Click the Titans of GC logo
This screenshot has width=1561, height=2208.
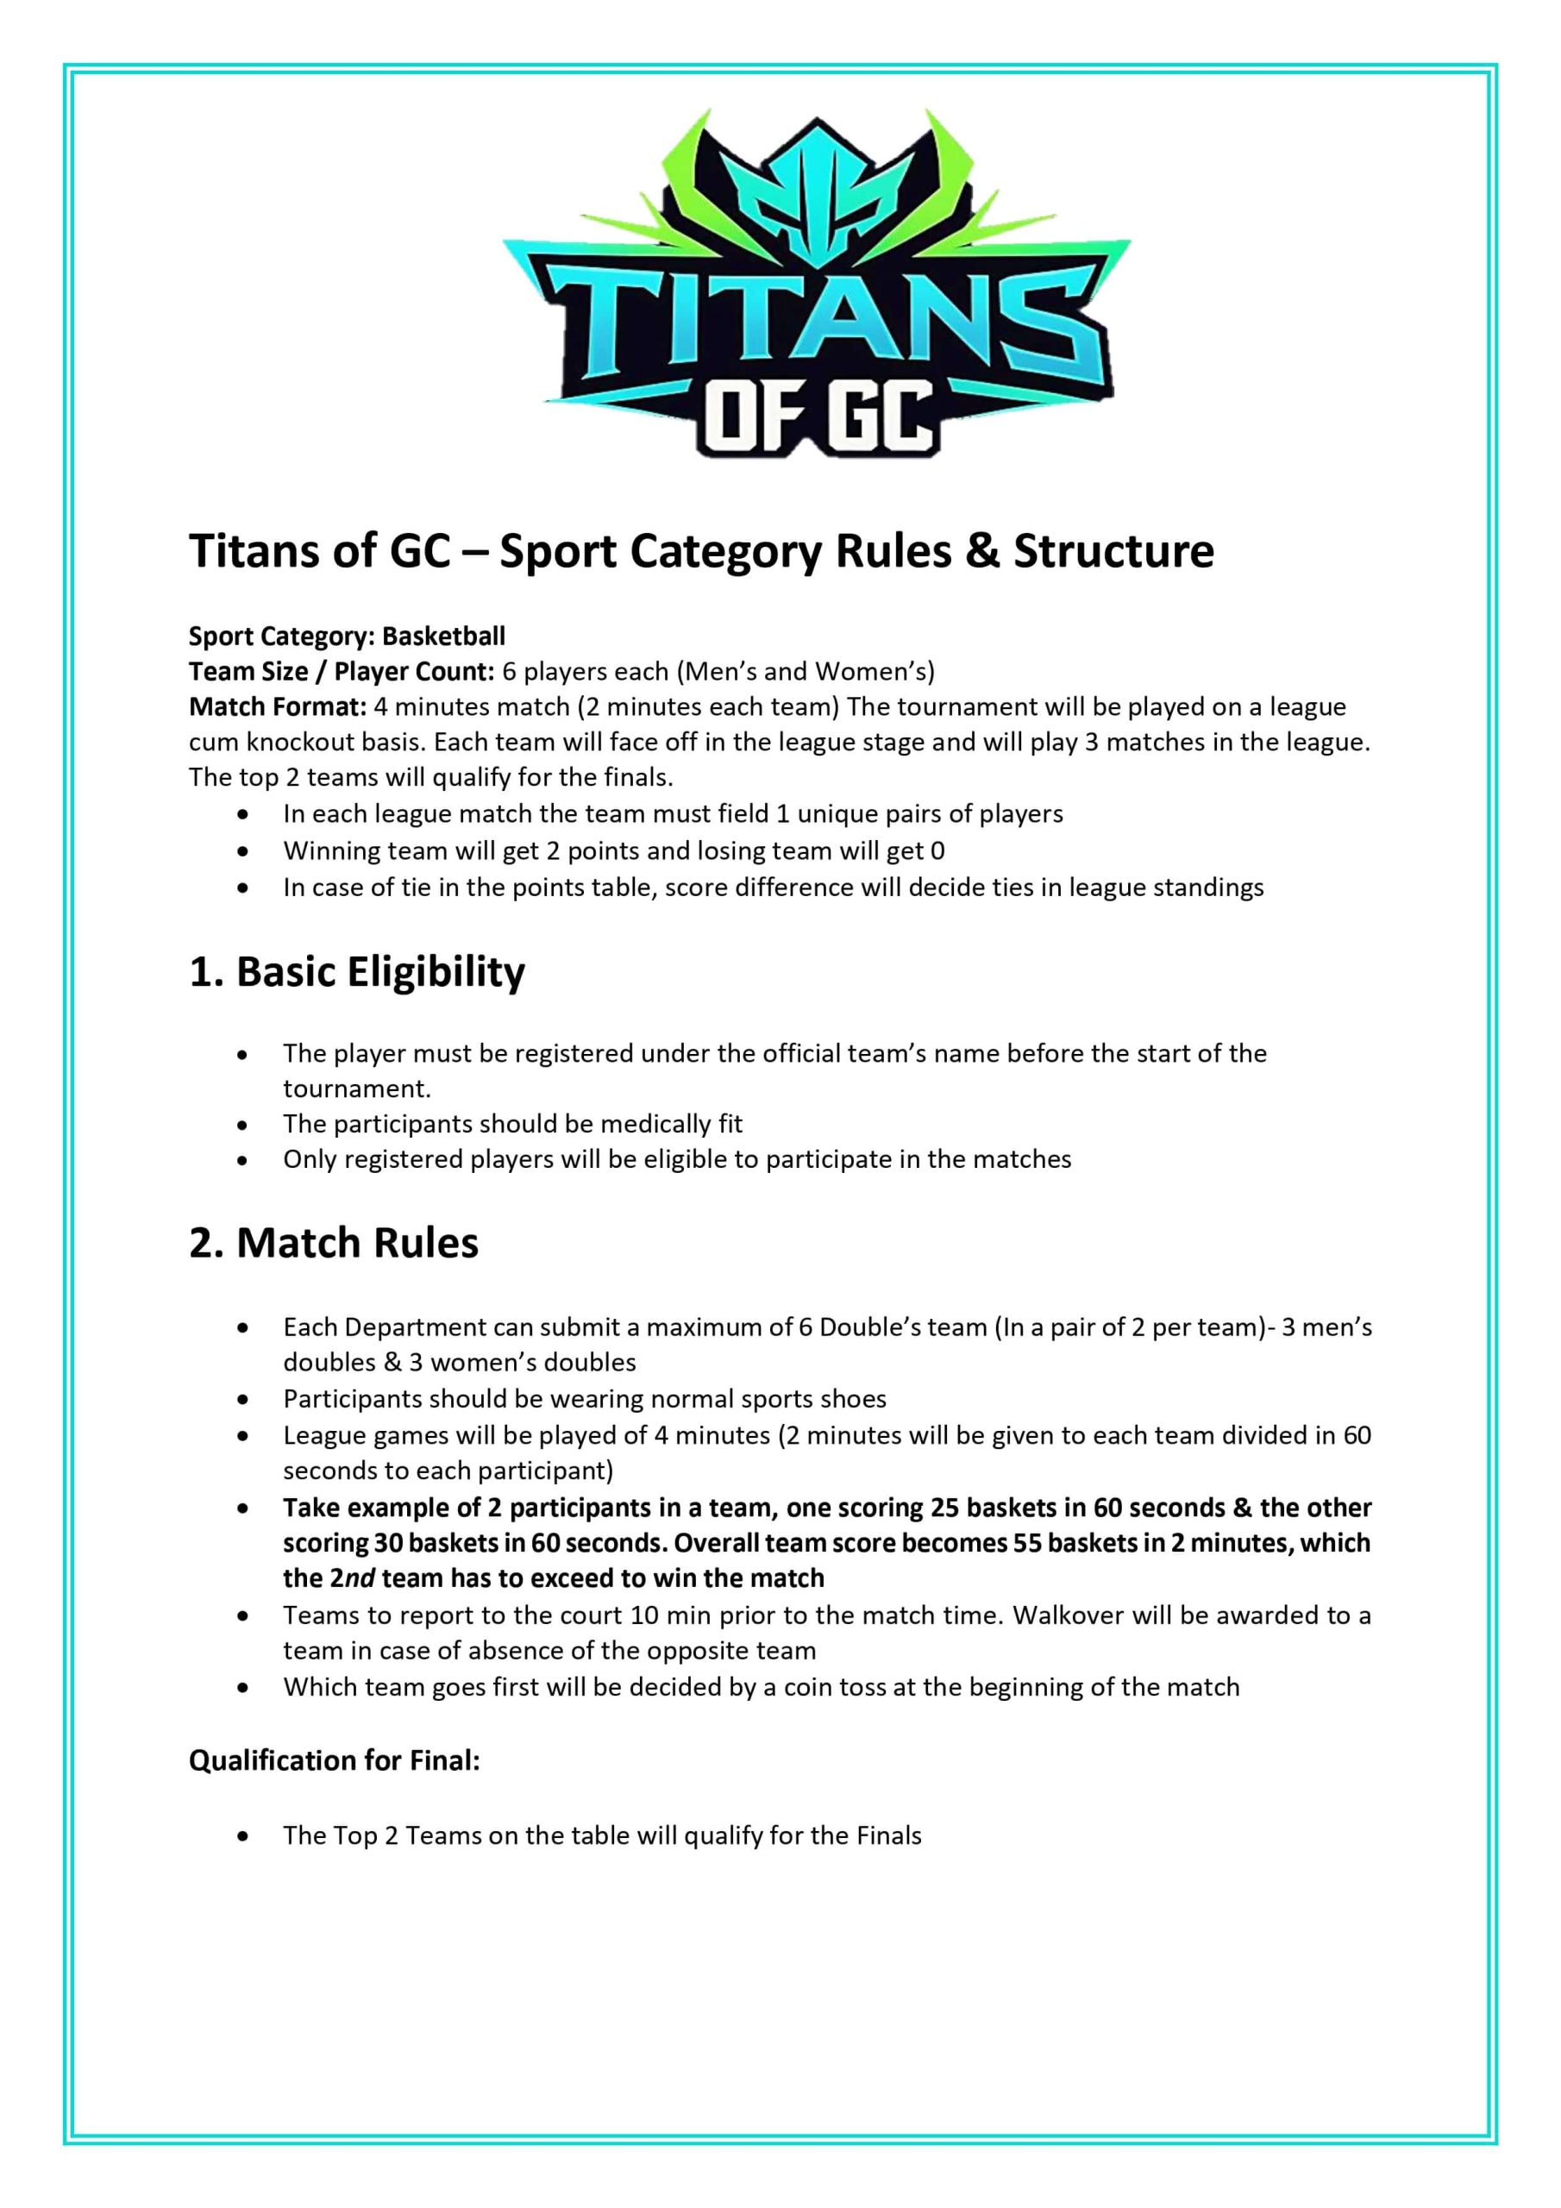coord(816,284)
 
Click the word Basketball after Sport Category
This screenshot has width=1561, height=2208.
coord(443,637)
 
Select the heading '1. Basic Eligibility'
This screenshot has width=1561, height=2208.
coord(357,972)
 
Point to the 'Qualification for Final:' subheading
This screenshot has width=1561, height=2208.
coord(334,1761)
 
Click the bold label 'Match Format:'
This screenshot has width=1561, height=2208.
coord(277,707)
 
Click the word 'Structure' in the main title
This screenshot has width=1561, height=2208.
coord(1113,551)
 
